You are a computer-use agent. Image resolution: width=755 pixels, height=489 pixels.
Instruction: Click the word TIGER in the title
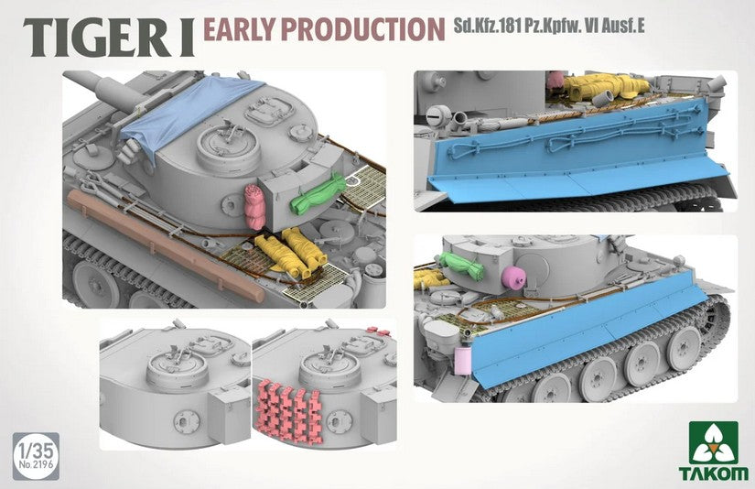point(95,38)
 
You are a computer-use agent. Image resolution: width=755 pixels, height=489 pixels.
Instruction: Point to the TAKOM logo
point(713,451)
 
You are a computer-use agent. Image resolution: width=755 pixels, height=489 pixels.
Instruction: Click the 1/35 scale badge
point(36,456)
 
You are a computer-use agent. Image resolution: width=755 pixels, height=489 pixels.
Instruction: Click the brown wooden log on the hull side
point(164,244)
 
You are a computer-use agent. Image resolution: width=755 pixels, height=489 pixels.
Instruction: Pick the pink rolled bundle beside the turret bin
point(255,206)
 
